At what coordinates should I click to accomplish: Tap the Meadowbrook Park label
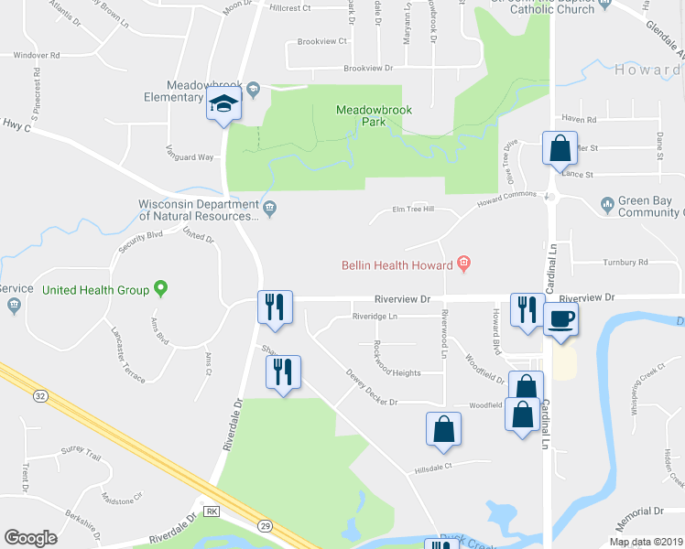click(x=374, y=115)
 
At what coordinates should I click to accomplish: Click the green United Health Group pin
click(x=161, y=289)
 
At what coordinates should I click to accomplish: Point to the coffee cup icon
click(x=560, y=319)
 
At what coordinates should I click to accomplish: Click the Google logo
click(x=30, y=538)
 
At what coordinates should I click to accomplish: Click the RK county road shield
click(x=212, y=511)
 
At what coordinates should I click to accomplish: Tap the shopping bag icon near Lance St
click(x=560, y=147)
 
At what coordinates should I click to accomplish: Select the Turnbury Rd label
click(x=625, y=262)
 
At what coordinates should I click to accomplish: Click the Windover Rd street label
click(x=37, y=55)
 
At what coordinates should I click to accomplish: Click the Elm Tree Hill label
click(x=413, y=210)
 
